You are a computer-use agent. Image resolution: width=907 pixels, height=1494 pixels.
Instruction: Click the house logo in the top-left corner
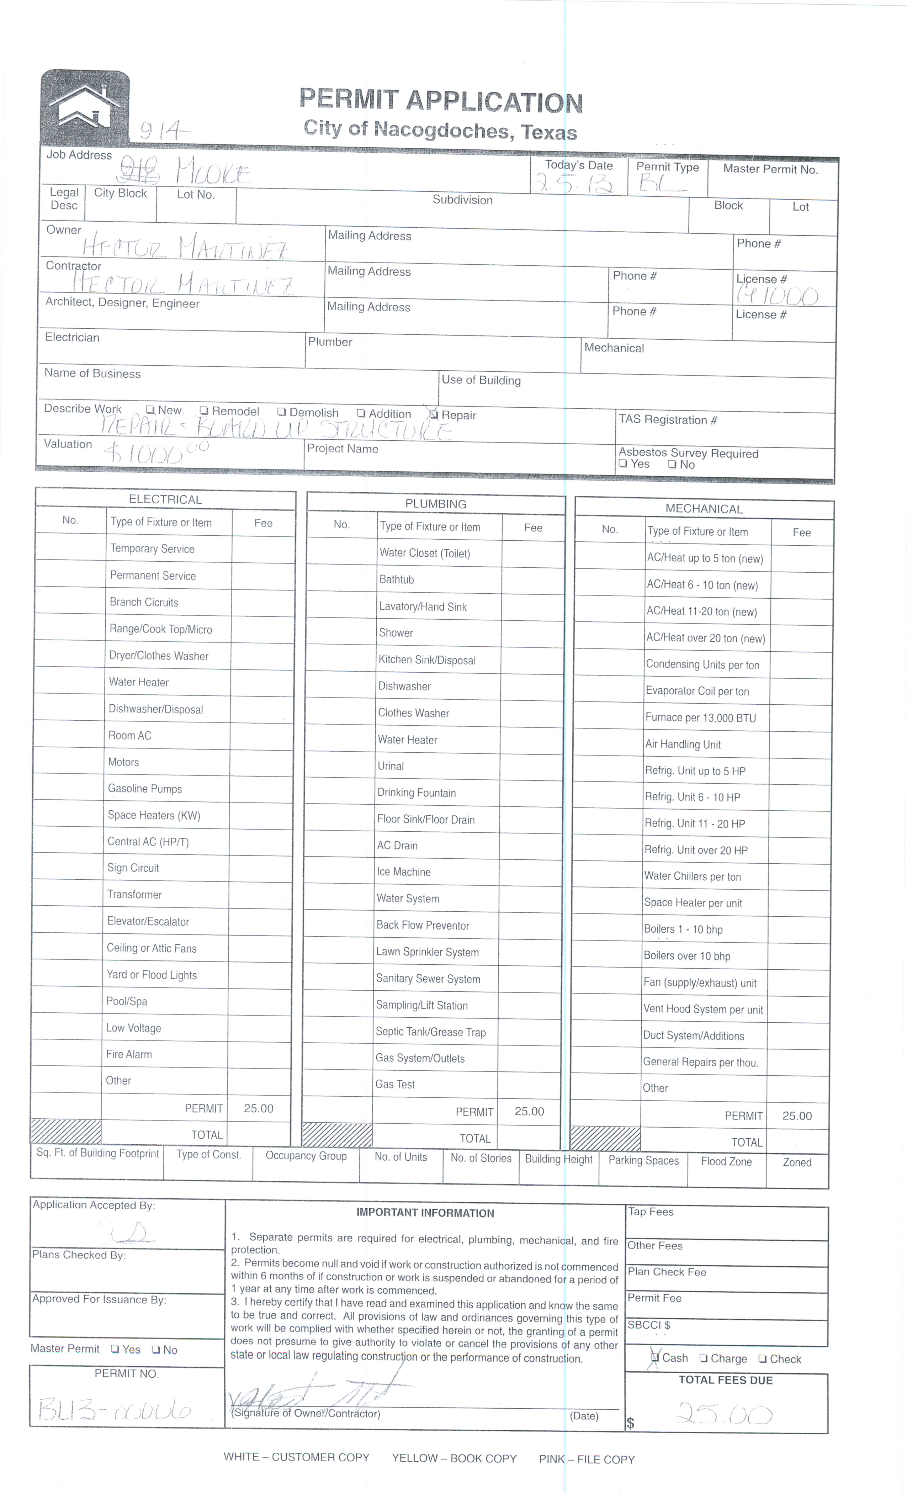85,107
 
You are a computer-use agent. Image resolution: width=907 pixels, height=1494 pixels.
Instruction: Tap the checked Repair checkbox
433,415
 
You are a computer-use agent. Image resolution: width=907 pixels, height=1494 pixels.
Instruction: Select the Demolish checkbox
281,412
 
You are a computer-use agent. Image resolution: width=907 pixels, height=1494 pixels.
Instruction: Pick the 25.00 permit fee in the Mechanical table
797,1116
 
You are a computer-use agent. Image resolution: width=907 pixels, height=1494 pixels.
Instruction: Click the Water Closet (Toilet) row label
424,553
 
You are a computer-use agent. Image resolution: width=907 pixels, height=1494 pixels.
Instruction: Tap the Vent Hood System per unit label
703,1010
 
